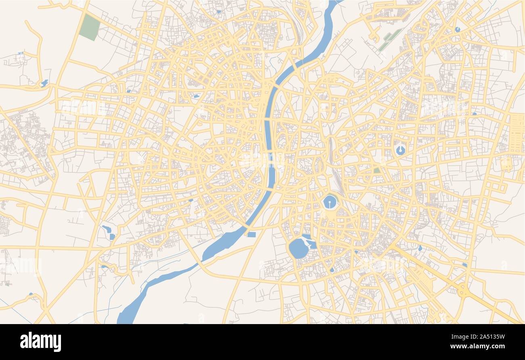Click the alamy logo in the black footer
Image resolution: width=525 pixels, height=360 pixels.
[x=40, y=341]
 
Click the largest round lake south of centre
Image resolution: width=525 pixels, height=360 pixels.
[x=298, y=248]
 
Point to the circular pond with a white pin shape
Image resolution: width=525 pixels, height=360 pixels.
[x=330, y=202]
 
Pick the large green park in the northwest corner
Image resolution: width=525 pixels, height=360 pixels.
[x=90, y=27]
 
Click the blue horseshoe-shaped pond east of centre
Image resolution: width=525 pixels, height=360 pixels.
[x=400, y=151]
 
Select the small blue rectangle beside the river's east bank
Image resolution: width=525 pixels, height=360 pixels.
[x=251, y=234]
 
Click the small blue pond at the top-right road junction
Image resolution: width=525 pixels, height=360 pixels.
[x=457, y=29]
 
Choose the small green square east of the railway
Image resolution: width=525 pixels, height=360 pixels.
[x=376, y=170]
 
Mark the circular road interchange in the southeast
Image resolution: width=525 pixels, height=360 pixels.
[x=463, y=291]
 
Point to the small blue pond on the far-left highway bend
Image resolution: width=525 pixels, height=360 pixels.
[x=44, y=84]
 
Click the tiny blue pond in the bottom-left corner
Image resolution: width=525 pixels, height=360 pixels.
[x=31, y=294]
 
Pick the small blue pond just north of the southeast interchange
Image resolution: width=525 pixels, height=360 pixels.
[x=464, y=265]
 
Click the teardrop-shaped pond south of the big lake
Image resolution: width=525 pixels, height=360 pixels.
[x=332, y=270]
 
